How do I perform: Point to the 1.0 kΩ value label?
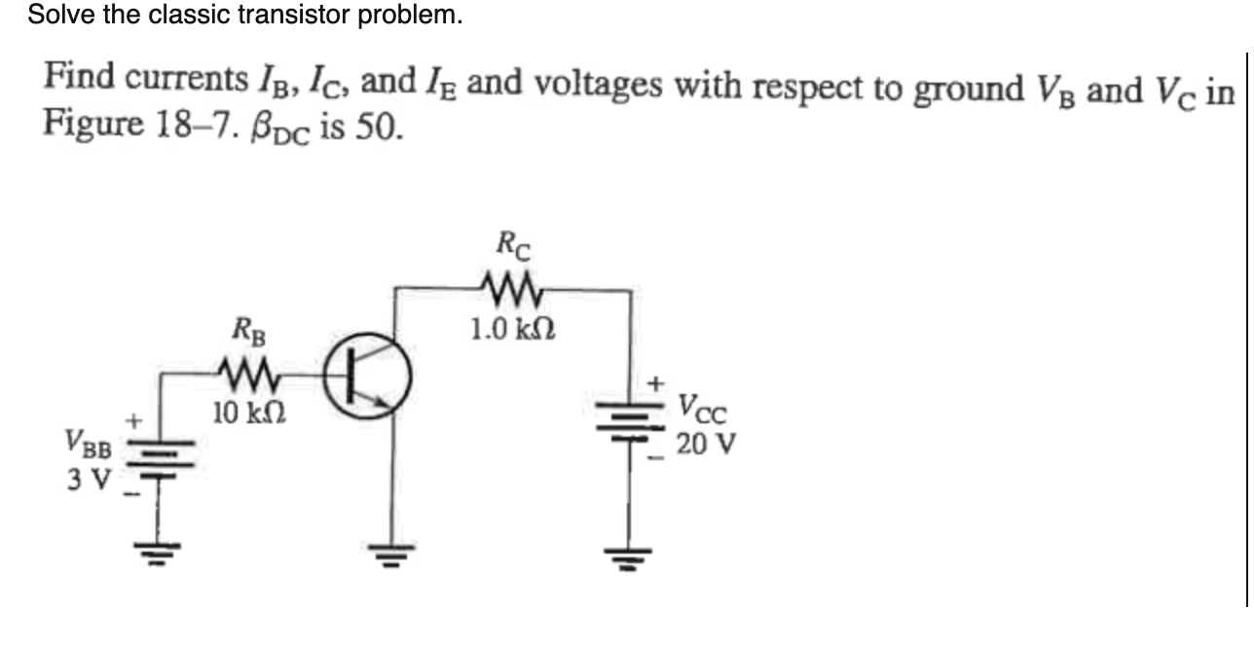pos(512,328)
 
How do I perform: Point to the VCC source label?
pos(701,407)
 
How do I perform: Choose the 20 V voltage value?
pos(706,445)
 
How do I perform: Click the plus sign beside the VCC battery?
pos(658,382)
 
